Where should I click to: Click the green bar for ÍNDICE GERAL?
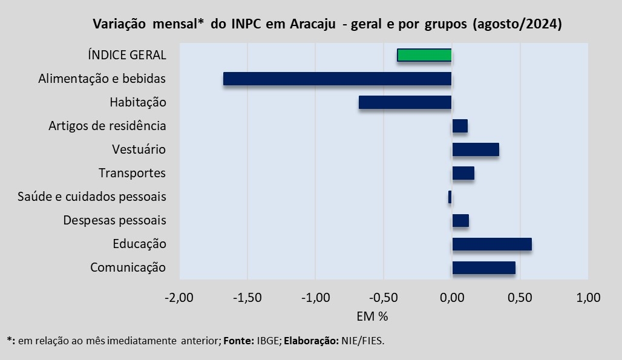(424, 55)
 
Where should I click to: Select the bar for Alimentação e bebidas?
(337, 79)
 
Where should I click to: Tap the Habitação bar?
(405, 102)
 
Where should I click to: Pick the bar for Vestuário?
(476, 149)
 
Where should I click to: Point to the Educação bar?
(492, 244)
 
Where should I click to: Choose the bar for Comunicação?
(484, 267)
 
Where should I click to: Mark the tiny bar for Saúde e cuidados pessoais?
(450, 197)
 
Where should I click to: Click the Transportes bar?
(463, 173)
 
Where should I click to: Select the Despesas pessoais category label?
(114, 220)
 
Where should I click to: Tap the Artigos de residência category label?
(107, 126)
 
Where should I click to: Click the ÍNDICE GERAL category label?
(126, 55)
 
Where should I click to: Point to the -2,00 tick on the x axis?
(178, 298)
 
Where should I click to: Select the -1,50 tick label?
(247, 298)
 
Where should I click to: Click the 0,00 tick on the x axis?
(452, 298)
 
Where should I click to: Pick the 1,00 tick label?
(588, 298)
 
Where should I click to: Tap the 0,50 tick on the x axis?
(520, 298)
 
